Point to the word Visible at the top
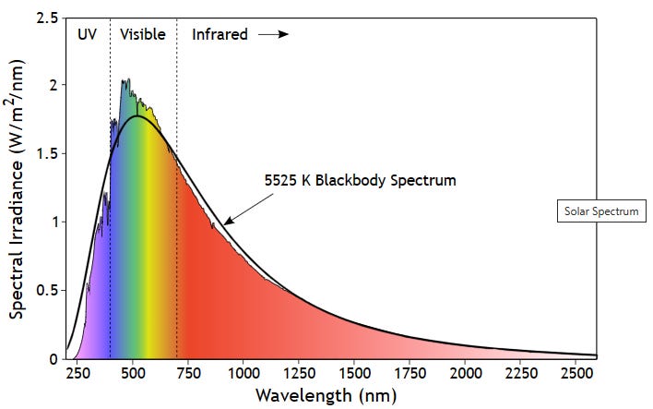click(143, 35)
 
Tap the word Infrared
click(220, 35)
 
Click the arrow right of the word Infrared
click(273, 35)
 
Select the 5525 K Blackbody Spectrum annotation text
click(360, 180)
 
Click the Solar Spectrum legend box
click(602, 211)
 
